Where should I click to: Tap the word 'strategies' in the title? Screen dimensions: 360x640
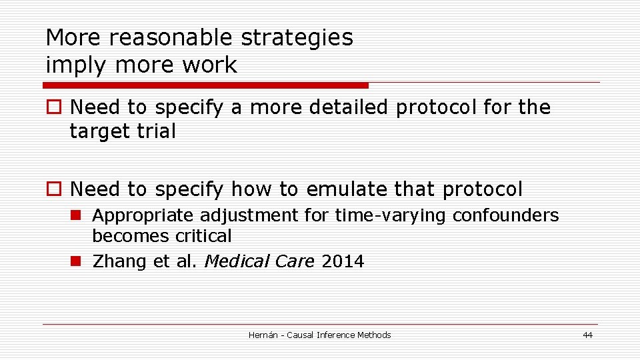pyautogui.click(x=297, y=38)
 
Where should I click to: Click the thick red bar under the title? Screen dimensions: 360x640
pyautogui.click(x=205, y=85)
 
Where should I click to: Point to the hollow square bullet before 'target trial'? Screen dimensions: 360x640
pyautogui.click(x=53, y=107)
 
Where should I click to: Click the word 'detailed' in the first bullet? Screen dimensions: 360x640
pyautogui.click(x=347, y=107)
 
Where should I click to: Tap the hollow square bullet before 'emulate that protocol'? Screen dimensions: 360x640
pyautogui.click(x=53, y=189)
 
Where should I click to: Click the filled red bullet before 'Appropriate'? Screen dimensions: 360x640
pyautogui.click(x=77, y=215)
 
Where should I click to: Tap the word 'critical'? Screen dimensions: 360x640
pyautogui.click(x=203, y=236)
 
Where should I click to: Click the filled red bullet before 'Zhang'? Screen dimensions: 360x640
pyautogui.click(x=77, y=261)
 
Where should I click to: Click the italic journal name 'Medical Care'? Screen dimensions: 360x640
pyautogui.click(x=259, y=261)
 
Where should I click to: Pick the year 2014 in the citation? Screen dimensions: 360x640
pyautogui.click(x=343, y=261)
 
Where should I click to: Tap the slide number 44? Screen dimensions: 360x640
pyautogui.click(x=587, y=335)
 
